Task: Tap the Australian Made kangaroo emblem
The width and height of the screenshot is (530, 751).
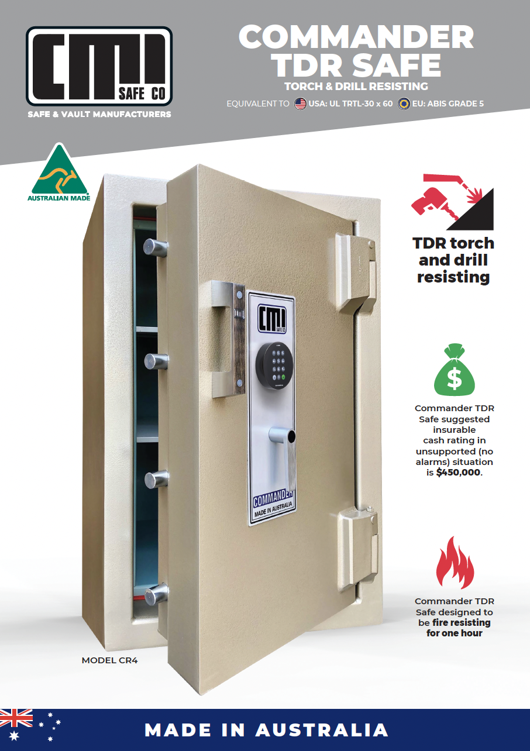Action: (x=58, y=172)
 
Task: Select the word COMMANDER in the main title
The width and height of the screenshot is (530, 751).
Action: (x=356, y=37)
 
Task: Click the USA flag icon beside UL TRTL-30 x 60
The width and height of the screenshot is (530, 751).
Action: (x=300, y=104)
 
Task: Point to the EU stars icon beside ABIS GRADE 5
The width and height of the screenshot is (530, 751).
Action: (x=403, y=104)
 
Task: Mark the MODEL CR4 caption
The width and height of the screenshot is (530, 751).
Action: (x=109, y=660)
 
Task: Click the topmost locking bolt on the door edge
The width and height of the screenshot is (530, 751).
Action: (x=154, y=248)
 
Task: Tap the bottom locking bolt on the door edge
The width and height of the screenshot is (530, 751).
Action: (x=155, y=595)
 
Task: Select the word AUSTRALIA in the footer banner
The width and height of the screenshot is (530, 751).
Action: (x=322, y=730)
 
